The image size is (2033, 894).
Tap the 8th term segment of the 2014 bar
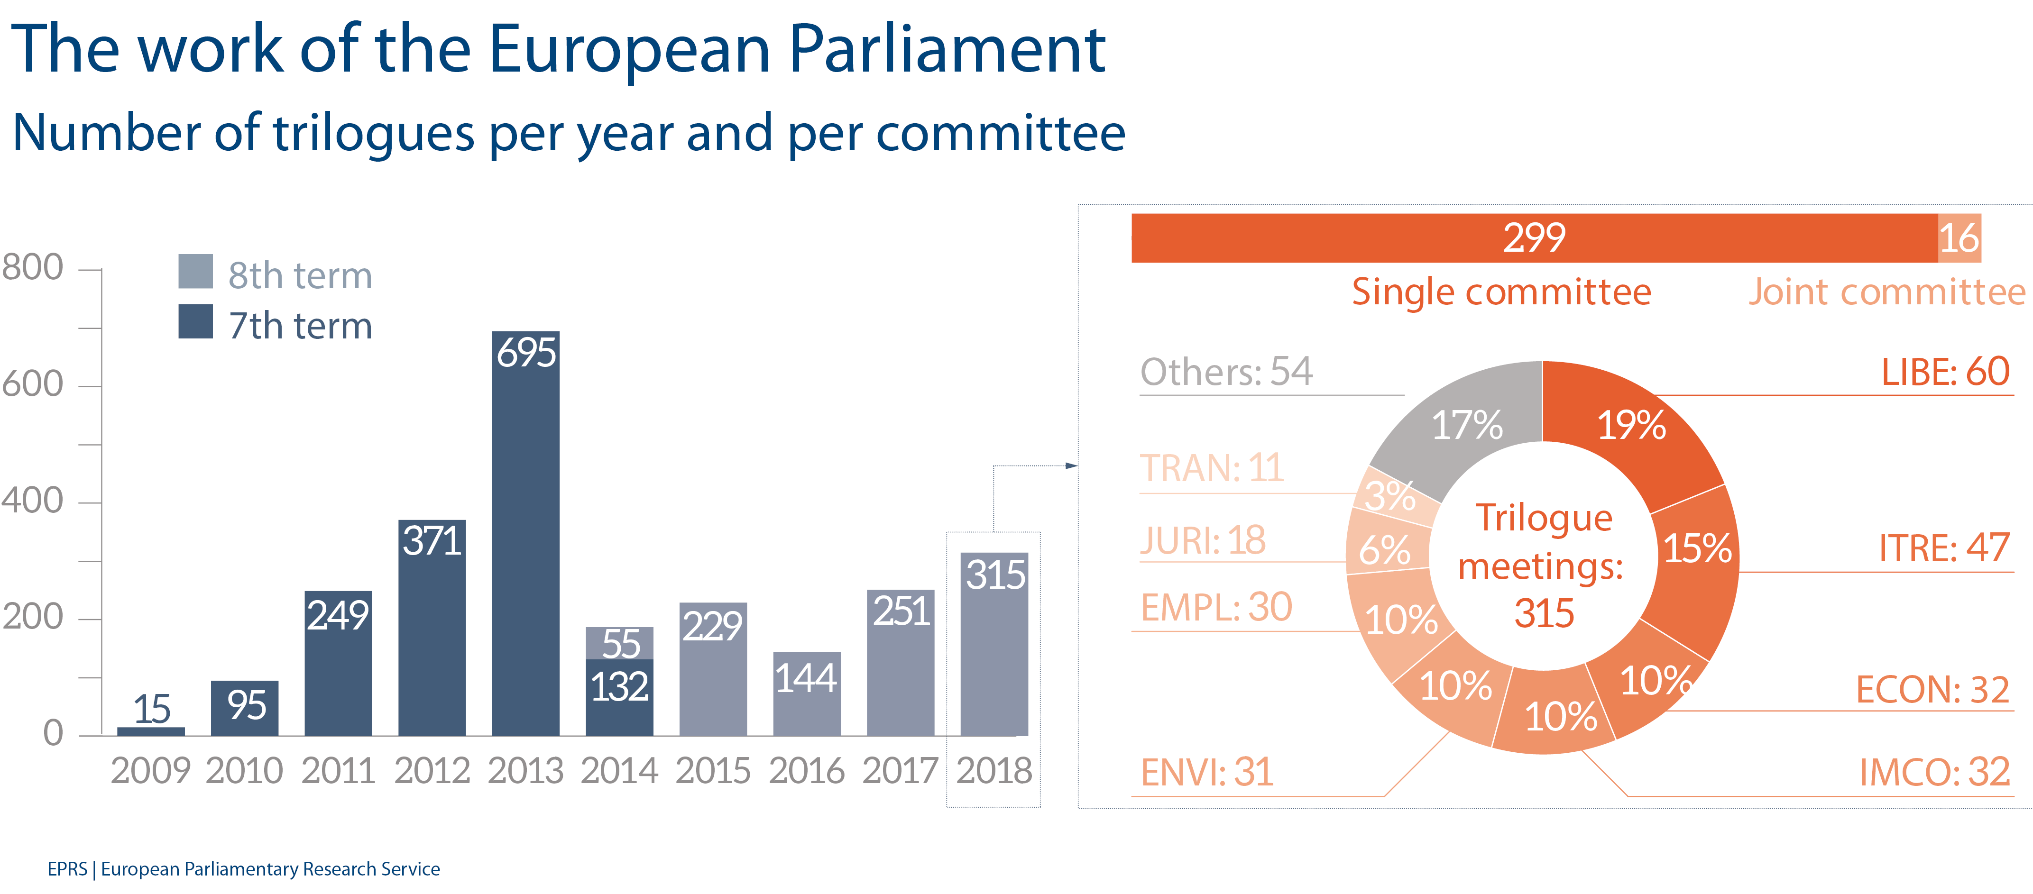619,643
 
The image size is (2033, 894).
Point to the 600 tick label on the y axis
32,384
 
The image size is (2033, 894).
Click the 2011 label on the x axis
338,771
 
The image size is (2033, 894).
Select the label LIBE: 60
1945,372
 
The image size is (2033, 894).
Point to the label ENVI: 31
1207,773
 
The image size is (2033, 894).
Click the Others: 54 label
1226,372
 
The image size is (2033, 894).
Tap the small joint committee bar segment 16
1959,237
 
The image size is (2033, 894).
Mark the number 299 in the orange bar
1534,237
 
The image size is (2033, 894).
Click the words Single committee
1501,292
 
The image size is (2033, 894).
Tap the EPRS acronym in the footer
67,869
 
